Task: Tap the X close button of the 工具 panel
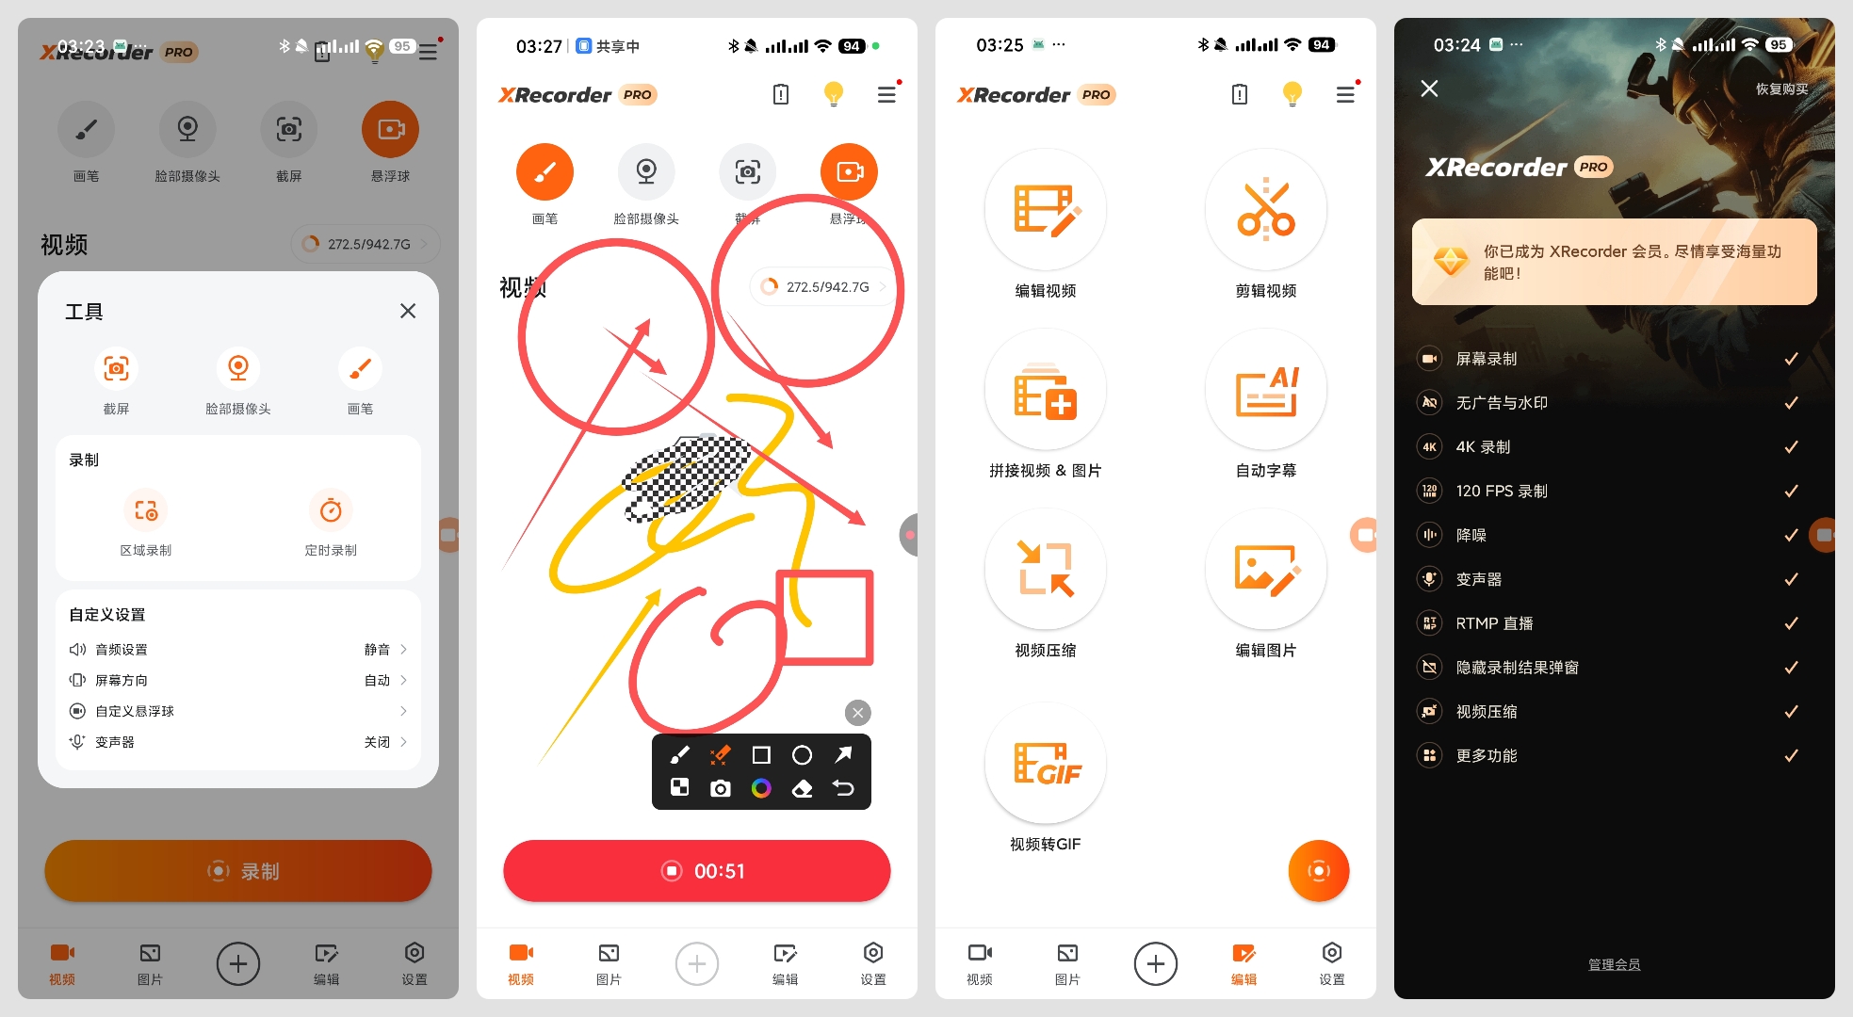pyautogui.click(x=408, y=311)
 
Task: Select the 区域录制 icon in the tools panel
pyautogui.click(x=146, y=511)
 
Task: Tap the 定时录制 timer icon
pyautogui.click(x=331, y=511)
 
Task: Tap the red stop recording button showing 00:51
pyautogui.click(x=696, y=871)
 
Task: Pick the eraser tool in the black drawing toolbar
pyautogui.click(x=802, y=788)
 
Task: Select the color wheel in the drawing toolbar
pyautogui.click(x=761, y=788)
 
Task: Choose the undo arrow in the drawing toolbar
pyautogui.click(x=843, y=788)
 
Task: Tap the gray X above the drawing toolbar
pyautogui.click(x=857, y=713)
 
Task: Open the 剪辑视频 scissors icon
pyautogui.click(x=1265, y=209)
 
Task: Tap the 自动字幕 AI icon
pyautogui.click(x=1265, y=390)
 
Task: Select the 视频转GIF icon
pyautogui.click(x=1045, y=764)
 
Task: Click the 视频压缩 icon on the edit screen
pyautogui.click(x=1045, y=569)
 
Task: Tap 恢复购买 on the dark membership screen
pyautogui.click(x=1781, y=89)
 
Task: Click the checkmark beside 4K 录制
pyautogui.click(x=1791, y=447)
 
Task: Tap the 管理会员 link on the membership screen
pyautogui.click(x=1614, y=965)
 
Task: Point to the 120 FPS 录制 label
pyautogui.click(x=1502, y=492)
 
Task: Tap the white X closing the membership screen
pyautogui.click(x=1429, y=89)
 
